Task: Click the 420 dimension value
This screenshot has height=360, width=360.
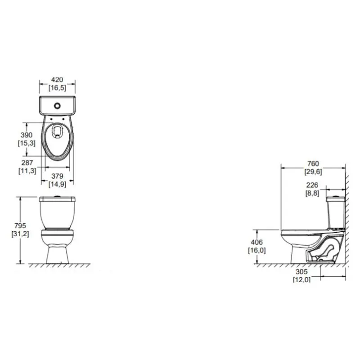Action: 57,80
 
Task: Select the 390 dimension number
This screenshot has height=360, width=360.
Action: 27,135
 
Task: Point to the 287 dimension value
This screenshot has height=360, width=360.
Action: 27,163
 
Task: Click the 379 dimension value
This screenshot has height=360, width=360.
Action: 57,176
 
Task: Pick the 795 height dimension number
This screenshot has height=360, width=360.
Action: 20,226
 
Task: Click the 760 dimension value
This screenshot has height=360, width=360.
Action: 313,164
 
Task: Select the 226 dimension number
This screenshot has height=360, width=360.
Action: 312,185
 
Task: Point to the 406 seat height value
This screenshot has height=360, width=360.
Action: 256,242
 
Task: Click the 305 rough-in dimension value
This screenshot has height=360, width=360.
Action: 301,272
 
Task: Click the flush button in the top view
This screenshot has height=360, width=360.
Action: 57,106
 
